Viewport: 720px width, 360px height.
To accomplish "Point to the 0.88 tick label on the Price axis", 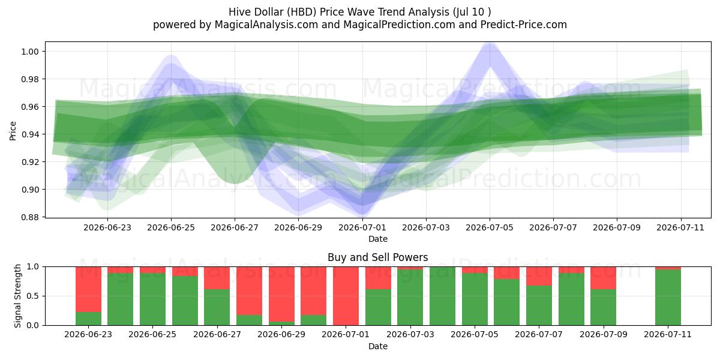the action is pyautogui.click(x=30, y=217).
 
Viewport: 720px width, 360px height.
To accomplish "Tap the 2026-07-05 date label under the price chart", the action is pyautogui.click(x=489, y=227).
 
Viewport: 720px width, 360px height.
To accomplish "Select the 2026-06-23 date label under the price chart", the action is pyautogui.click(x=107, y=227).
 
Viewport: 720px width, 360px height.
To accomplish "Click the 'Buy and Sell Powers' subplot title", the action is pyautogui.click(x=377, y=257).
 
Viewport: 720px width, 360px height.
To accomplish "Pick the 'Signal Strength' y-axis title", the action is pyautogui.click(x=17, y=296).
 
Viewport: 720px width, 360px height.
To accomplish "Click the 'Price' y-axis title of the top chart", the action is pyautogui.click(x=13, y=131).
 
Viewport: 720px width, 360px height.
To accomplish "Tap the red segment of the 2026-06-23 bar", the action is pyautogui.click(x=88, y=289).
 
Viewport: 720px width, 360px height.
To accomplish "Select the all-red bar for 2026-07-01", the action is pyautogui.click(x=346, y=296).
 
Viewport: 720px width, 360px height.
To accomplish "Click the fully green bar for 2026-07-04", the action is pyautogui.click(x=442, y=296).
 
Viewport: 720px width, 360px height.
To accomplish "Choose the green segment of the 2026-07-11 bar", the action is pyautogui.click(x=668, y=298).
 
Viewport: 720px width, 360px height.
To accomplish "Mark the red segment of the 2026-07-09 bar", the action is pyautogui.click(x=604, y=278).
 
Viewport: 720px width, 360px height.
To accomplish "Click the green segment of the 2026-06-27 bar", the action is pyautogui.click(x=217, y=307).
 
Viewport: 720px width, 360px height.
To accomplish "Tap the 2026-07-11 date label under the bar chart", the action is pyautogui.click(x=668, y=334).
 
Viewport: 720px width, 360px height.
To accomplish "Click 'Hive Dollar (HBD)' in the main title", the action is pyautogui.click(x=272, y=12).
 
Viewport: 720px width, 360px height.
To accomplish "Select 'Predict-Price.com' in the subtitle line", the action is pyautogui.click(x=524, y=25).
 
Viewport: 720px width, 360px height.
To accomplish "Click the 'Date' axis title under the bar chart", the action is pyautogui.click(x=377, y=346).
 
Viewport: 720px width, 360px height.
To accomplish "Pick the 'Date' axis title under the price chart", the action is pyautogui.click(x=377, y=239).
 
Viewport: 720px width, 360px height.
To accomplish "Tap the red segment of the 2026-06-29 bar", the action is pyautogui.click(x=281, y=294).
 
